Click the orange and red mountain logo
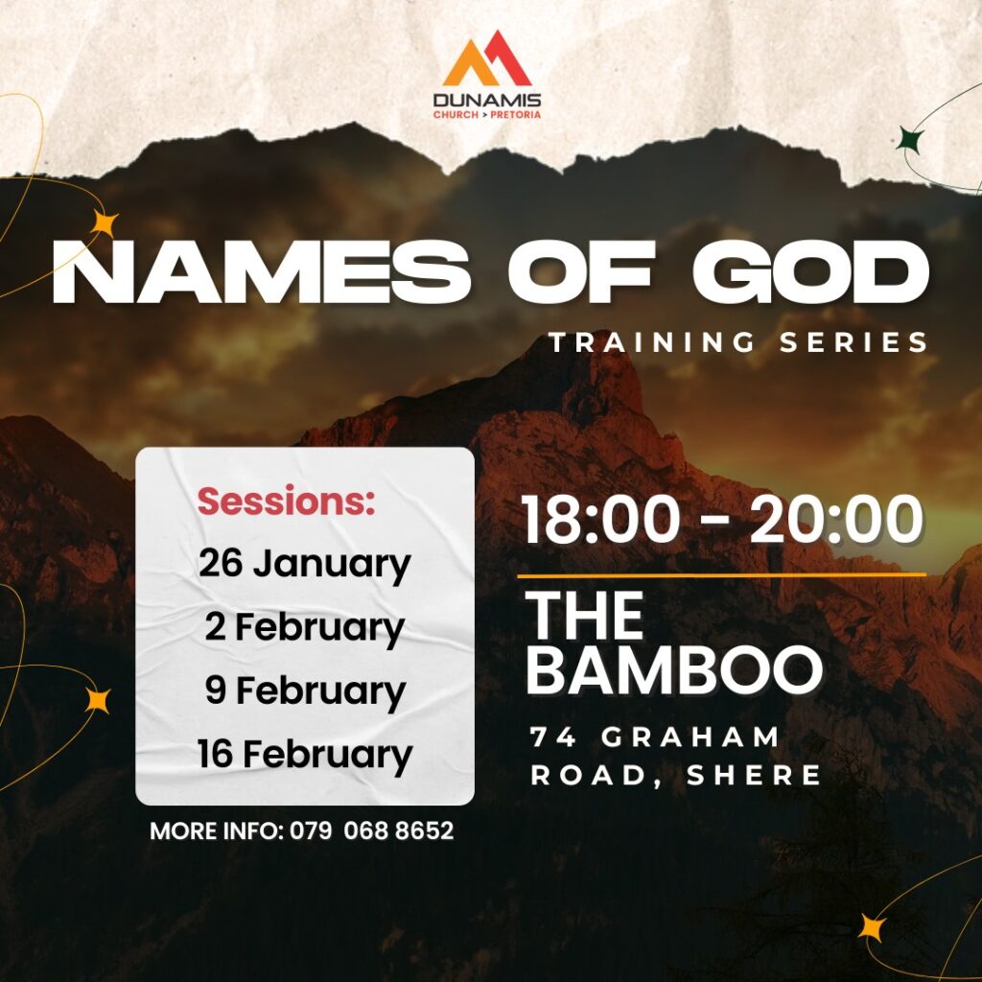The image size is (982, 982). tap(487, 58)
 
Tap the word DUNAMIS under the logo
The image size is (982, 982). tap(487, 100)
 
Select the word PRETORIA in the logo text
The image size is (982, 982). tap(515, 115)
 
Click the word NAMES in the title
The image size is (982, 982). tap(261, 272)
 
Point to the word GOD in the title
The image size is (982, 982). tap(811, 272)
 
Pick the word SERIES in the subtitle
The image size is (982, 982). tap(853, 342)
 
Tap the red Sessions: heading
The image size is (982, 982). tap(286, 501)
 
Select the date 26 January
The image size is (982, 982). tap(304, 564)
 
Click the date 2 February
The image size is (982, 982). tap(305, 627)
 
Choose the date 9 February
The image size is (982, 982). tap(306, 690)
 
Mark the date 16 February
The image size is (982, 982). tap(305, 754)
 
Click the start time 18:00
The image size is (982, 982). tap(600, 520)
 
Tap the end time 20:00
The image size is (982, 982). tap(836, 520)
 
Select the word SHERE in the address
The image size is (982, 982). tap(754, 775)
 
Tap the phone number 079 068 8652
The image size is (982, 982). tap(371, 830)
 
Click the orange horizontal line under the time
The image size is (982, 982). tap(721, 574)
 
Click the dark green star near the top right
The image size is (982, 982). tap(911, 140)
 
